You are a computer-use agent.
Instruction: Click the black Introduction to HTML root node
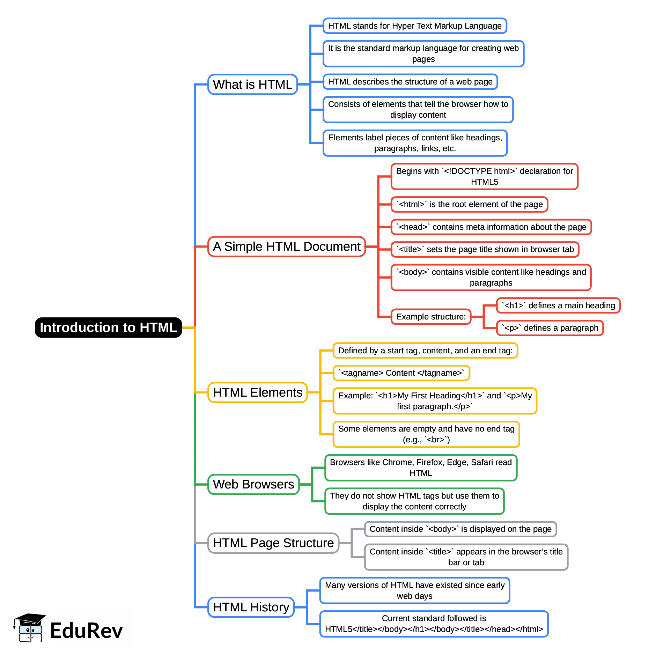click(x=108, y=327)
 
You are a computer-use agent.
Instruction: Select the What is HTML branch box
click(x=252, y=84)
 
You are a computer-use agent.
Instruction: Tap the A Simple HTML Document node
click(x=286, y=246)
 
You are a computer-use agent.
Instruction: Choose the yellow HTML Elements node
click(x=257, y=392)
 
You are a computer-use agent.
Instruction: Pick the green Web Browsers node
click(x=253, y=484)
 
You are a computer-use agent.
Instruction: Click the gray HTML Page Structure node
click(x=273, y=543)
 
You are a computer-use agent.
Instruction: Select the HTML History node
click(x=251, y=607)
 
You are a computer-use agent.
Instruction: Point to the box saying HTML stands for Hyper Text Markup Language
click(x=414, y=26)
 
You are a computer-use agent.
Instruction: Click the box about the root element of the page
click(x=469, y=204)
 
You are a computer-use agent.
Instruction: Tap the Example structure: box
click(x=431, y=317)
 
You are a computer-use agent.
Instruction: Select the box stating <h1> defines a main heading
click(x=558, y=306)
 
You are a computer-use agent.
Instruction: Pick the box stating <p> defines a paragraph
click(x=550, y=328)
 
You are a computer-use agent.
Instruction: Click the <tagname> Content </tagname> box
click(x=401, y=373)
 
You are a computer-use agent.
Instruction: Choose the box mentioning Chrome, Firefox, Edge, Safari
click(x=421, y=468)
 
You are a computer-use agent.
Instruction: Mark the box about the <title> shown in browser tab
click(x=485, y=249)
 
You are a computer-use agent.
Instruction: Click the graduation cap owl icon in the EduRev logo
click(x=29, y=628)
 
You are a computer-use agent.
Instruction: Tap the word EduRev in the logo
click(x=86, y=631)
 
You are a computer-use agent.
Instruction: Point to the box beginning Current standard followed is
click(x=434, y=624)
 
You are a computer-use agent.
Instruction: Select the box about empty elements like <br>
click(x=426, y=434)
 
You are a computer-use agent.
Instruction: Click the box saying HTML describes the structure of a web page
click(x=410, y=82)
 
